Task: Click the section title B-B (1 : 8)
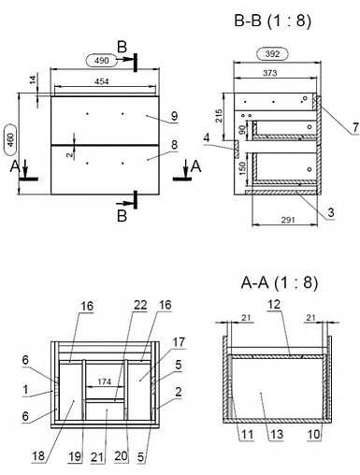click(273, 22)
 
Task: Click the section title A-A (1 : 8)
click(280, 283)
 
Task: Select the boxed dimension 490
click(102, 60)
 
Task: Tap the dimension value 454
click(102, 81)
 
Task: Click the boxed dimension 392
click(272, 54)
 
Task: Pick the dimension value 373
click(269, 73)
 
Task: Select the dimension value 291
click(288, 220)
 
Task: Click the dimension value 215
click(220, 116)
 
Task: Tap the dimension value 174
click(105, 381)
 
